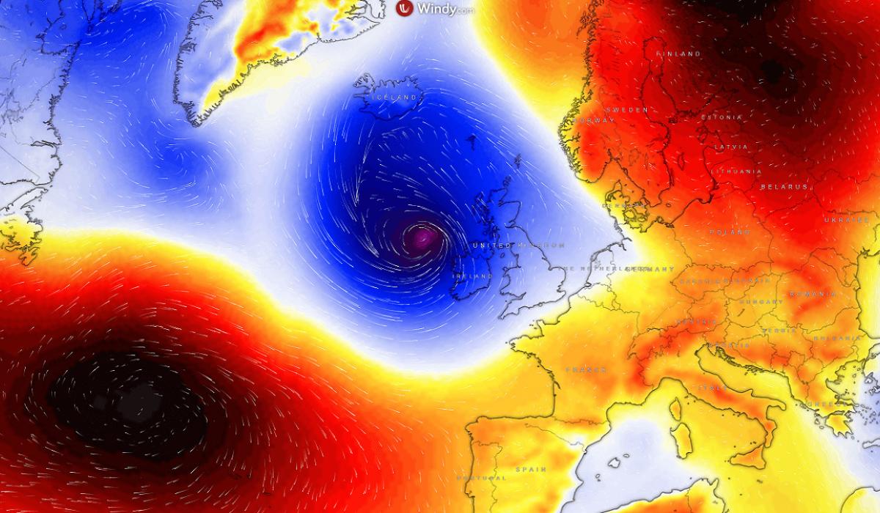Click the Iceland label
tap(395, 97)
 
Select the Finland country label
tap(678, 54)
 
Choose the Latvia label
tap(730, 147)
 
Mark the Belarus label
tap(783, 187)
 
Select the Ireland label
tap(472, 276)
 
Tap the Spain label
tap(530, 468)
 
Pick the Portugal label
tap(480, 477)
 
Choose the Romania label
tap(812, 294)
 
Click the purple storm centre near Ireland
tap(422, 237)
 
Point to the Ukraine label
tap(843, 220)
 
